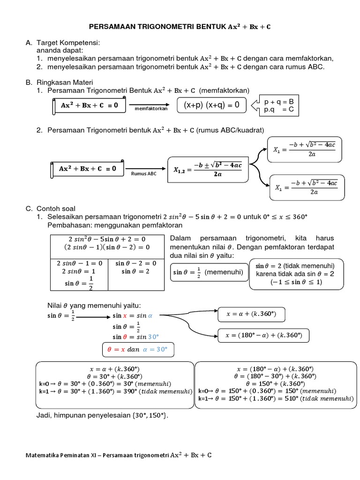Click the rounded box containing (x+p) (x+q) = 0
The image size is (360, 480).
(211, 105)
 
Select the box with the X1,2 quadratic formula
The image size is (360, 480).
(207, 169)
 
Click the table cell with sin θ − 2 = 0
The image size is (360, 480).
(135, 263)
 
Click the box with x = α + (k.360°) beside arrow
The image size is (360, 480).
(251, 314)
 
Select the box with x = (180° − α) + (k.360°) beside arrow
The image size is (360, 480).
(263, 335)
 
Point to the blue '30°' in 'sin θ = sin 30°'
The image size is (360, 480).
(154, 337)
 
